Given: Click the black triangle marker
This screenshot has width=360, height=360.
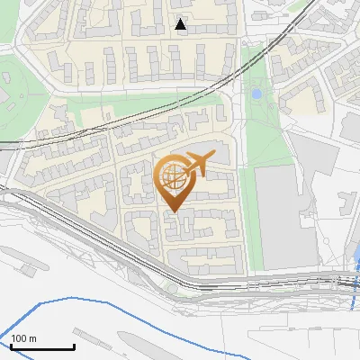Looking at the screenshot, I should coord(181,24).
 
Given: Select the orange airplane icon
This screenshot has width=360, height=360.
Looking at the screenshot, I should coord(197,163).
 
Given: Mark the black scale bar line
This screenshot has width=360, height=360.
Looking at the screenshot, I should coord(42,347).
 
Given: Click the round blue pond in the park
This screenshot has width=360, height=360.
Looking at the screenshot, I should coord(256,93).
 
